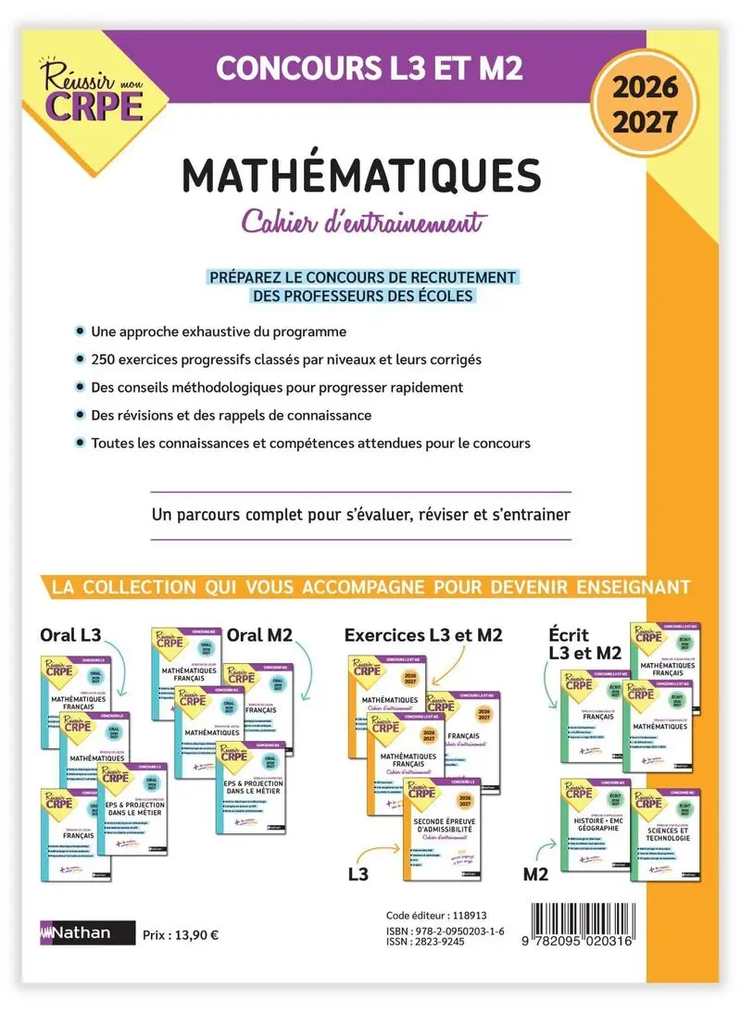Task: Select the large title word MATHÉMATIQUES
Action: coord(361,177)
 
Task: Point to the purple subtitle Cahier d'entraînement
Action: coord(363,223)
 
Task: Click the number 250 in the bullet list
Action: coord(104,359)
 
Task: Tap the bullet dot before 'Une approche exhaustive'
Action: coord(81,331)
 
